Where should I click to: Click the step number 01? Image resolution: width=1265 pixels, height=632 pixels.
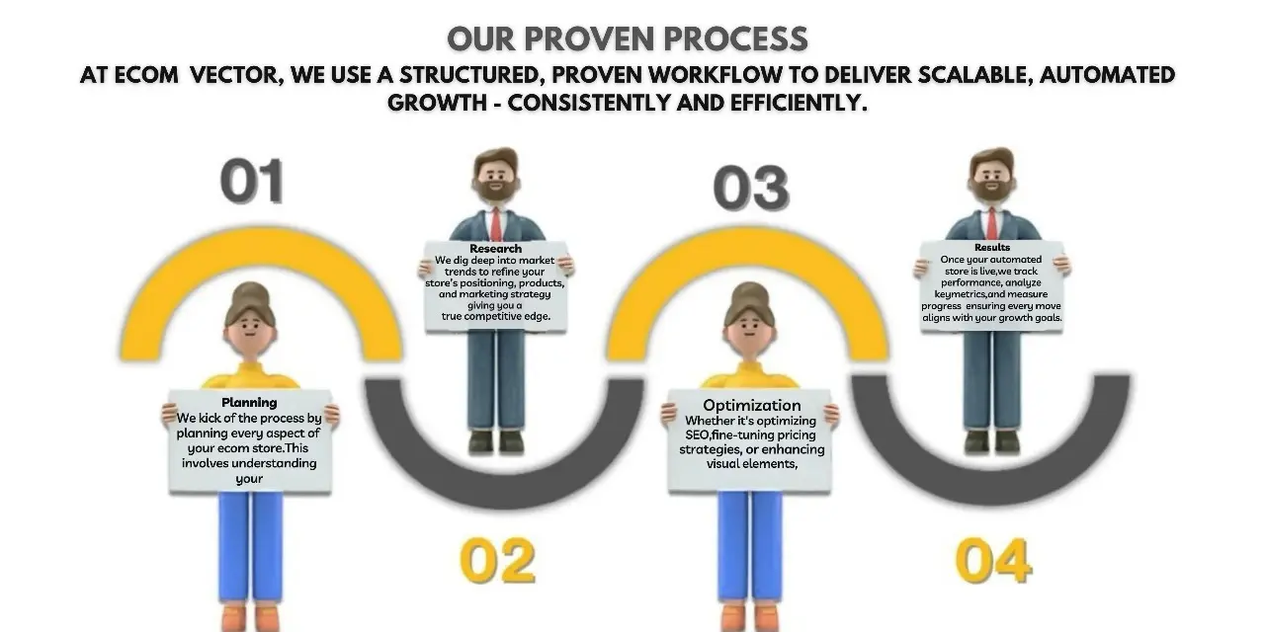click(252, 181)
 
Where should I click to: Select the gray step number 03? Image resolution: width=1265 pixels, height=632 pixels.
click(751, 188)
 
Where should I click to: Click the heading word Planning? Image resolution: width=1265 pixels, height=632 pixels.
click(249, 402)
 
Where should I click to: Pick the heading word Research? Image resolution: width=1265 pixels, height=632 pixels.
click(495, 248)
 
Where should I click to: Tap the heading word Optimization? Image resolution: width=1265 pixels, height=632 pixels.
click(752, 405)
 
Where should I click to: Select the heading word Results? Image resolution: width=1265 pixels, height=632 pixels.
click(992, 247)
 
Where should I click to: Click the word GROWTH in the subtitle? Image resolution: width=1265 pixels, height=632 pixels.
click(437, 103)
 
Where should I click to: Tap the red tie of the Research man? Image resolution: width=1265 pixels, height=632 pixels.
click(495, 224)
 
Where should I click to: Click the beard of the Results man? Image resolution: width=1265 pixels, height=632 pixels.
click(991, 188)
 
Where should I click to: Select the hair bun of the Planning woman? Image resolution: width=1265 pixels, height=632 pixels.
click(250, 293)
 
